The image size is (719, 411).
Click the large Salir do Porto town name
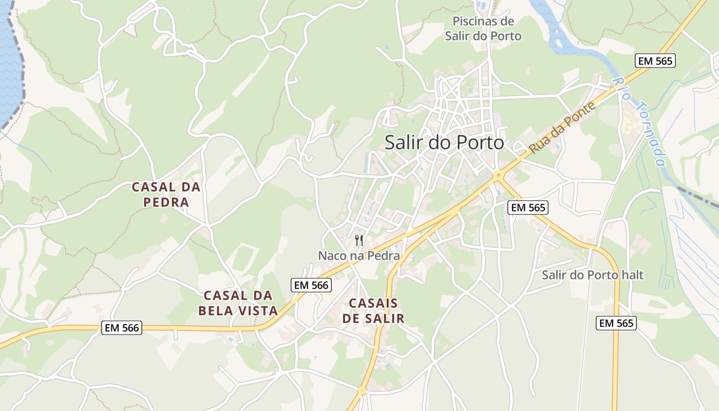(x=444, y=143)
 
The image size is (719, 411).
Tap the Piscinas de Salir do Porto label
(x=483, y=29)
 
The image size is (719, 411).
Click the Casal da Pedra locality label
(x=166, y=195)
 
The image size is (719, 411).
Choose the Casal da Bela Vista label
(x=238, y=303)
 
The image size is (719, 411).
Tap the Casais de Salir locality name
(x=373, y=311)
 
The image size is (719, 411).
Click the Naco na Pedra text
(x=358, y=255)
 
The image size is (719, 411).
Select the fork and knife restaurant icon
(x=359, y=240)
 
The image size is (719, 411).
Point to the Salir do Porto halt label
(x=593, y=275)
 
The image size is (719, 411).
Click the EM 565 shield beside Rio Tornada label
(x=655, y=61)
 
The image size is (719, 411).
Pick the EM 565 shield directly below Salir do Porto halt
(x=616, y=323)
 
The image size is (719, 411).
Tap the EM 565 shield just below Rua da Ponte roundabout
(x=528, y=208)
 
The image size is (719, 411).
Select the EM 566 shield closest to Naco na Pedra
(x=311, y=285)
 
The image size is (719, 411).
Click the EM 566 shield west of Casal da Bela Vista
(x=121, y=328)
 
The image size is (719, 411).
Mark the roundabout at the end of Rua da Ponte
(x=497, y=176)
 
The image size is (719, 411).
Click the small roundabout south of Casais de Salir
(x=362, y=391)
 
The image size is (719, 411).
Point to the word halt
(x=631, y=275)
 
